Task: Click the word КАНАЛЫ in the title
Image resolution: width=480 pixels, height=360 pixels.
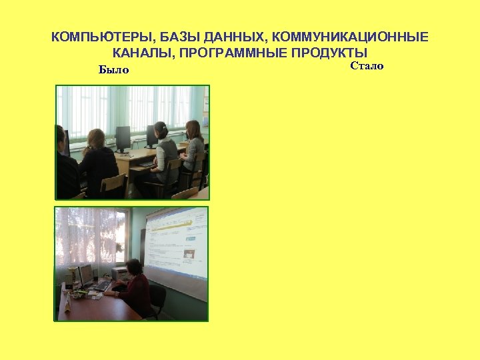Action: (x=140, y=53)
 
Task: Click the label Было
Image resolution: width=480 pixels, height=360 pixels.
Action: (x=113, y=70)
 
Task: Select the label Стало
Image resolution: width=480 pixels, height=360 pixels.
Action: (x=367, y=66)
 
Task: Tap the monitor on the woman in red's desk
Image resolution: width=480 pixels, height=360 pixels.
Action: (x=86, y=274)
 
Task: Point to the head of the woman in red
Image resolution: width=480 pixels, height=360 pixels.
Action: (x=133, y=267)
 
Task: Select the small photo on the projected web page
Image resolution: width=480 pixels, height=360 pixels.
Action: (x=189, y=253)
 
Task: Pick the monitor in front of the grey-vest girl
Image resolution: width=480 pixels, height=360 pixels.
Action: (x=151, y=136)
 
